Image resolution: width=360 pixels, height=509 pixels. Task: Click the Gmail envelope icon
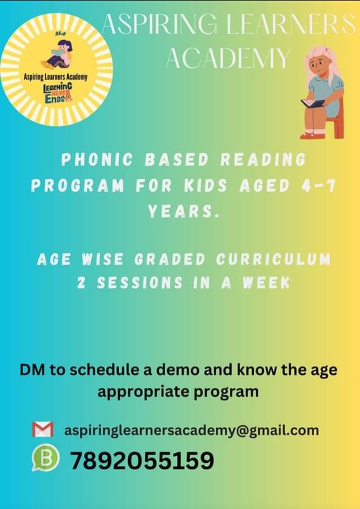(42, 429)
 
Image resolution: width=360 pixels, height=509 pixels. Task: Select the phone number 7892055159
(142, 461)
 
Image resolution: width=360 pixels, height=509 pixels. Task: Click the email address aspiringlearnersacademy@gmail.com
(192, 430)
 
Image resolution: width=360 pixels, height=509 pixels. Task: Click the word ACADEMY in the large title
(228, 58)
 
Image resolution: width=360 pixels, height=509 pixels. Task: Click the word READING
(263, 160)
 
